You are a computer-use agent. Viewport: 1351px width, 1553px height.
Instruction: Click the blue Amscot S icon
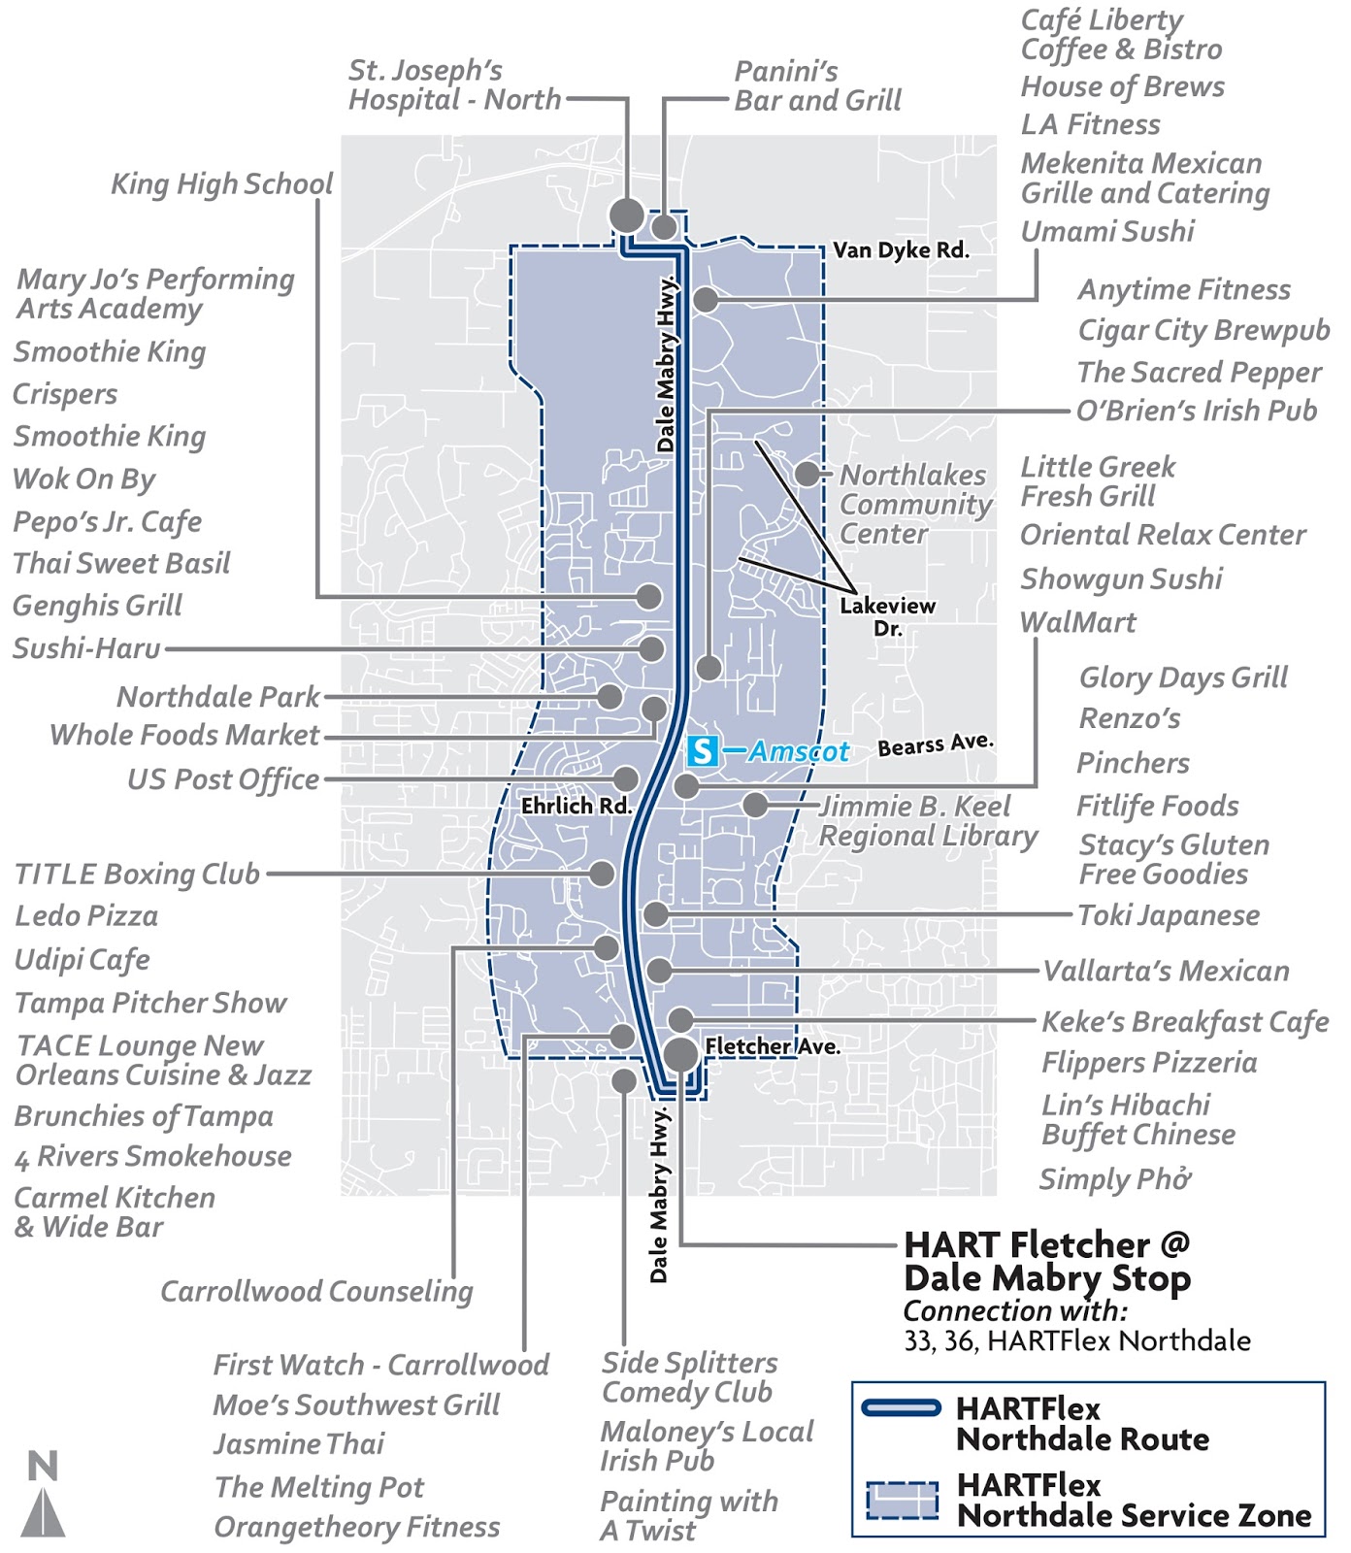pyautogui.click(x=703, y=750)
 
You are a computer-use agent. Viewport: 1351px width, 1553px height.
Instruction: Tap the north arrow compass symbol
pyautogui.click(x=43, y=1494)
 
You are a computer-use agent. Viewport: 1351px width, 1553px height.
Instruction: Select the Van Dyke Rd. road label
pyautogui.click(x=901, y=249)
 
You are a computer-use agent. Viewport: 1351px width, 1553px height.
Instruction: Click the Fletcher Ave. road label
pyautogui.click(x=773, y=1046)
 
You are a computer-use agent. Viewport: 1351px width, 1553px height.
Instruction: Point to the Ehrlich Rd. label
pyautogui.click(x=577, y=806)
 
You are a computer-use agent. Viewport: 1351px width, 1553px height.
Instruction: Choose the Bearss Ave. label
pyautogui.click(x=936, y=744)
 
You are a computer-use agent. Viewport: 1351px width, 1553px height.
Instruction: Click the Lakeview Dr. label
pyautogui.click(x=887, y=616)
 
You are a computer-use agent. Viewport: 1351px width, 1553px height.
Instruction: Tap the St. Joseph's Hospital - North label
pyautogui.click(x=454, y=84)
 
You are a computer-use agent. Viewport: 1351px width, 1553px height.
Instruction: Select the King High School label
pyautogui.click(x=221, y=183)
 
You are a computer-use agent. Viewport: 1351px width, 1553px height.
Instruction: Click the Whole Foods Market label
pyautogui.click(x=184, y=735)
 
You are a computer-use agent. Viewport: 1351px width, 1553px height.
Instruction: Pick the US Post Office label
pyautogui.click(x=223, y=778)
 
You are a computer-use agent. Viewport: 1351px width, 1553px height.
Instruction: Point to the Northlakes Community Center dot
pyautogui.click(x=807, y=474)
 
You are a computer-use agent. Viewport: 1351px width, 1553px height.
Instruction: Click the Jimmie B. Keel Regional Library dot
pyautogui.click(x=755, y=805)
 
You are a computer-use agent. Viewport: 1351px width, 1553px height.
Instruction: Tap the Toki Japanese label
pyautogui.click(x=1169, y=914)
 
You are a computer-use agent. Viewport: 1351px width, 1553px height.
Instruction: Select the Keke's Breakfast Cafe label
pyautogui.click(x=1185, y=1021)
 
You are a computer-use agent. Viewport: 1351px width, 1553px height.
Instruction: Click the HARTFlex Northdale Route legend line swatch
pyautogui.click(x=902, y=1407)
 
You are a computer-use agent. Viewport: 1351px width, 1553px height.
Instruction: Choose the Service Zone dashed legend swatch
pyautogui.click(x=902, y=1500)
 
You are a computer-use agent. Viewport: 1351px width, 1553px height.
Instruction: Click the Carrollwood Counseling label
pyautogui.click(x=316, y=1291)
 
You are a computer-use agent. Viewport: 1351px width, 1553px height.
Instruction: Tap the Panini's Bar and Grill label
pyautogui.click(x=817, y=85)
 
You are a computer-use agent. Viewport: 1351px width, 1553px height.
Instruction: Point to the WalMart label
pyautogui.click(x=1077, y=622)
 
